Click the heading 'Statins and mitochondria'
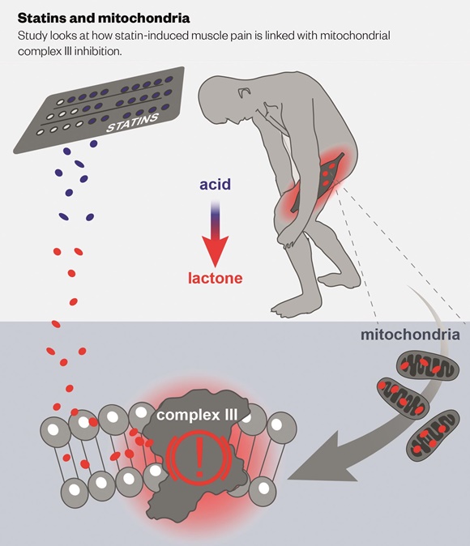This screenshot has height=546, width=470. coord(104,18)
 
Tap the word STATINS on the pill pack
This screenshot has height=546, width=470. coord(132,123)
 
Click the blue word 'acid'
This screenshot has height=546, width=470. coord(215,184)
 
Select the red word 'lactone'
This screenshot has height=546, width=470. coord(215,278)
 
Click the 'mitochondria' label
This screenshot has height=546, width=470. coord(410,335)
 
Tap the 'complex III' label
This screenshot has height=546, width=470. coord(197,415)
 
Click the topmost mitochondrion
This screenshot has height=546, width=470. coord(428,365)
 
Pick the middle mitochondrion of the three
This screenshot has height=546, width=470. coord(403,398)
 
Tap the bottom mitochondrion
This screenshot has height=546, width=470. coord(433,436)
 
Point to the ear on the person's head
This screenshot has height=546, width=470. coord(245,92)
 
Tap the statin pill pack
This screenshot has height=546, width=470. coord(100,109)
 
